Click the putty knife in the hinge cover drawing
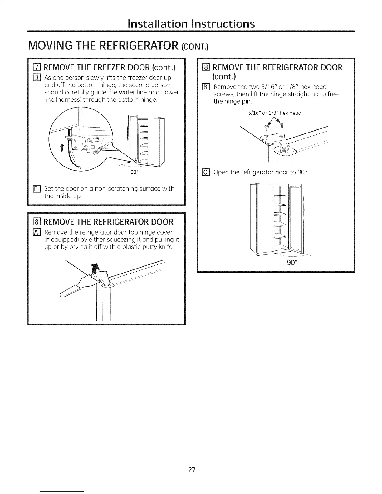[x=70, y=288]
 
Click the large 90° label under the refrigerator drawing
[x=291, y=263]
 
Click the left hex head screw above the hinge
[x=266, y=126]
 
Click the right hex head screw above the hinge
[x=282, y=125]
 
